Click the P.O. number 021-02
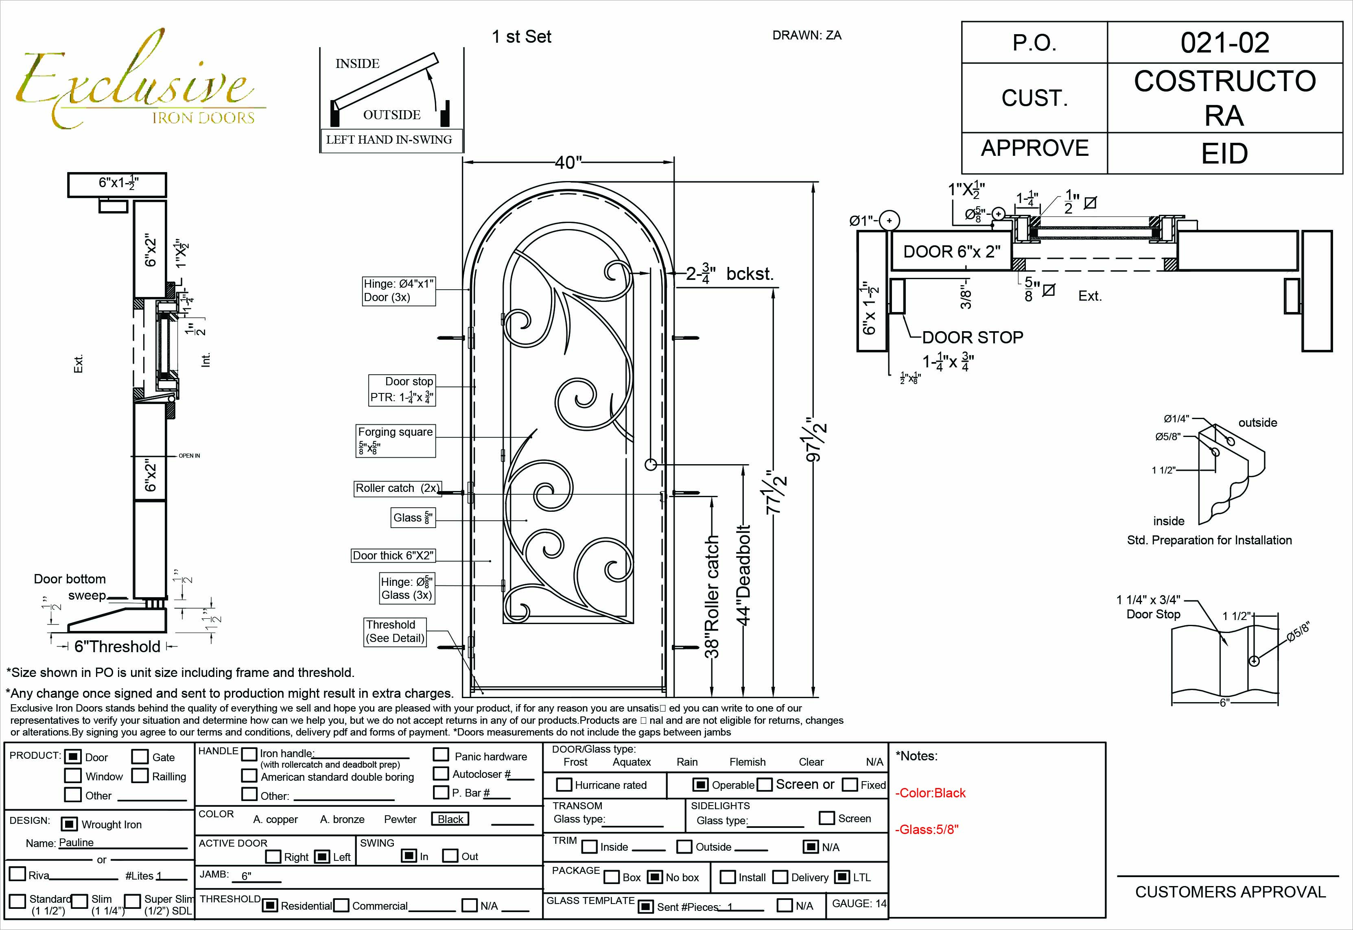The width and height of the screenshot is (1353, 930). pos(1224,43)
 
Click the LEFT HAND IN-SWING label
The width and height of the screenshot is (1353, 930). pos(389,140)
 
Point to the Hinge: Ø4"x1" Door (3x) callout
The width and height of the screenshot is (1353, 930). pos(398,290)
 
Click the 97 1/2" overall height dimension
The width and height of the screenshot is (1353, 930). pos(816,439)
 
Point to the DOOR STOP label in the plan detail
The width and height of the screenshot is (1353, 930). pos(972,337)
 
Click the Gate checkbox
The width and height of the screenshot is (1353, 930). pos(140,756)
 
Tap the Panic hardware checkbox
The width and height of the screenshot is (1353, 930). pos(441,755)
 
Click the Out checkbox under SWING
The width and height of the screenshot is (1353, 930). pos(450,856)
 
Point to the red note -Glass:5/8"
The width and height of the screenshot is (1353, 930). pos(927,829)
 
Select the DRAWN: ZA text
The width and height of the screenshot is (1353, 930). pos(807,35)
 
